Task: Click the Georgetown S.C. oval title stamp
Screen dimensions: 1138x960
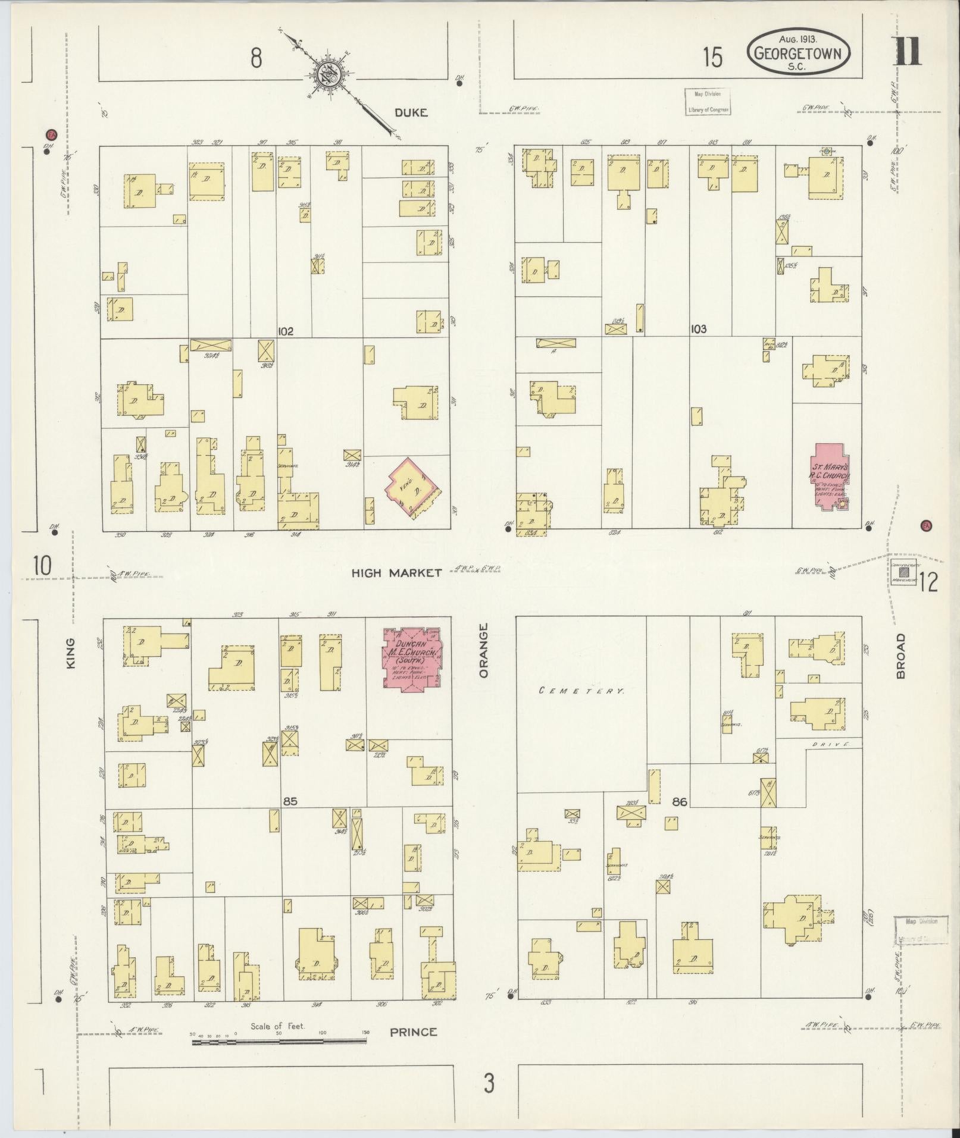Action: (798, 52)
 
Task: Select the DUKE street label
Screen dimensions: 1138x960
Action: (411, 112)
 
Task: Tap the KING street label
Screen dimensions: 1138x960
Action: (71, 653)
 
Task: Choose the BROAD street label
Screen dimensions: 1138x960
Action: (900, 656)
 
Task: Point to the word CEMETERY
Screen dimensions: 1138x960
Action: (581, 691)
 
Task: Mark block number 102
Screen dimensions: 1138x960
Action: (286, 331)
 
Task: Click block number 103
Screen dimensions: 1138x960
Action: (698, 329)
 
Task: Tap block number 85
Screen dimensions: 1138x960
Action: (290, 801)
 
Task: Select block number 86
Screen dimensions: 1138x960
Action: (679, 802)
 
